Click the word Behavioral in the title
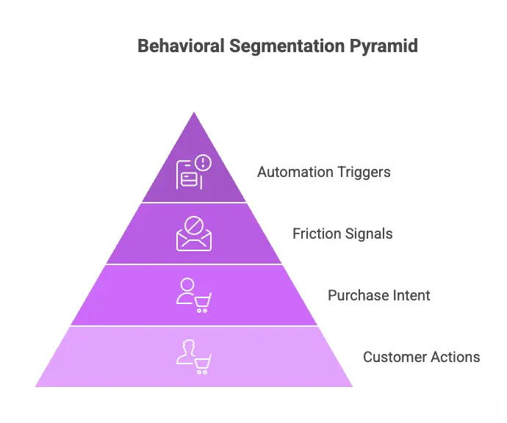pos(180,46)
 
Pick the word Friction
pos(315,234)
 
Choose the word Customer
pos(395,358)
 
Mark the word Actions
pos(456,358)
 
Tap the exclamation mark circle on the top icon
pos(202,163)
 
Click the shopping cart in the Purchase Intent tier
pos(201,301)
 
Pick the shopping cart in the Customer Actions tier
pos(201,363)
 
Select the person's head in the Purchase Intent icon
pos(187,285)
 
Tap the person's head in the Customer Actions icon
pos(187,347)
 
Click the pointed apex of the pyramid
pos(194,115)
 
